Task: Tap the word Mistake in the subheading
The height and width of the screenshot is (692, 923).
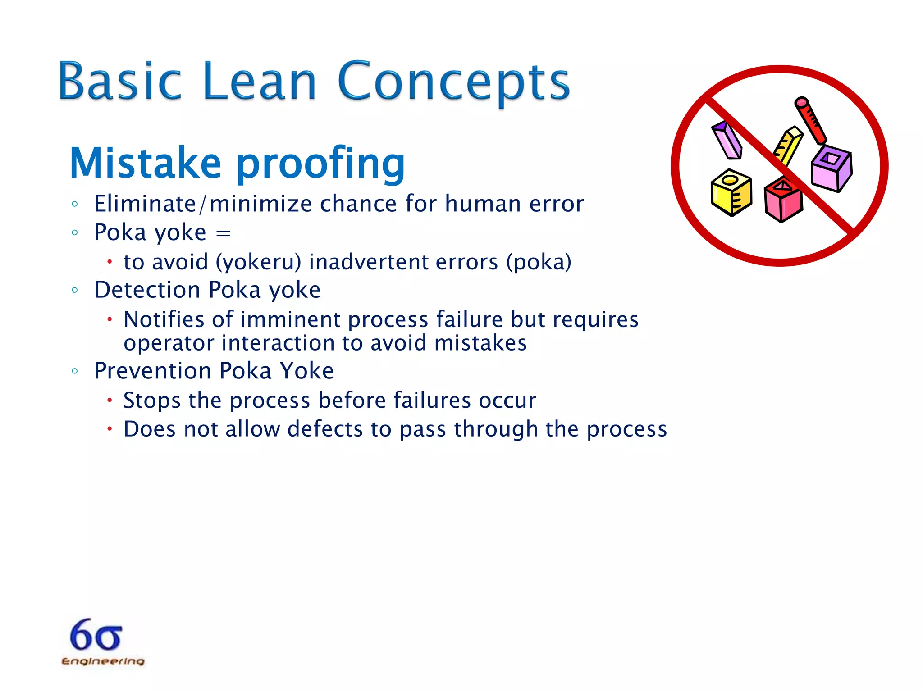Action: click(x=145, y=163)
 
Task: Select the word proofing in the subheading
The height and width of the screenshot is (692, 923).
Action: click(x=320, y=165)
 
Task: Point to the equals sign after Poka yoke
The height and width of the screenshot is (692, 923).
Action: click(x=223, y=233)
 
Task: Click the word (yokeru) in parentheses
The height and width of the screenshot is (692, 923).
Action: click(x=258, y=262)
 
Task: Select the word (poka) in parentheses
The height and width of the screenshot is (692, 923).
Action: click(x=539, y=262)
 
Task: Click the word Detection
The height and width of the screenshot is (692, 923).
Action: click(x=147, y=290)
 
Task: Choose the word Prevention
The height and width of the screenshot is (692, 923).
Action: click(x=152, y=371)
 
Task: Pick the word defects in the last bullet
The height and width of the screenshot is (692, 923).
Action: click(x=325, y=429)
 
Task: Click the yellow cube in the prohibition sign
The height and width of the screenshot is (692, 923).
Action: click(x=731, y=192)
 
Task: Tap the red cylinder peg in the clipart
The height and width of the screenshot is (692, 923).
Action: click(x=810, y=120)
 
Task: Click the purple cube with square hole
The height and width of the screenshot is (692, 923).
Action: click(x=832, y=168)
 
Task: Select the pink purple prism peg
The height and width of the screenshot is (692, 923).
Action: click(x=727, y=140)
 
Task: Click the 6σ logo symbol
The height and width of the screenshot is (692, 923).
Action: click(x=96, y=635)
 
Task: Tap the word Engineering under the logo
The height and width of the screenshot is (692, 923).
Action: click(x=103, y=661)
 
